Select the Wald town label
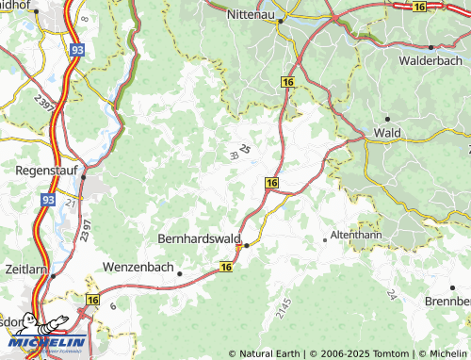point(388,133)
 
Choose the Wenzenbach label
point(138,267)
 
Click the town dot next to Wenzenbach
point(179,273)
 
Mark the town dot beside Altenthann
point(325,239)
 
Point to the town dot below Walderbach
point(430,46)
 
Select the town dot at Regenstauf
point(83,176)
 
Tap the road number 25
point(245,149)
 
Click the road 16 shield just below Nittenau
point(285,83)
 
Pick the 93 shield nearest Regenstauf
point(48,201)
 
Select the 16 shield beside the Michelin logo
point(91,299)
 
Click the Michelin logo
point(45,332)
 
